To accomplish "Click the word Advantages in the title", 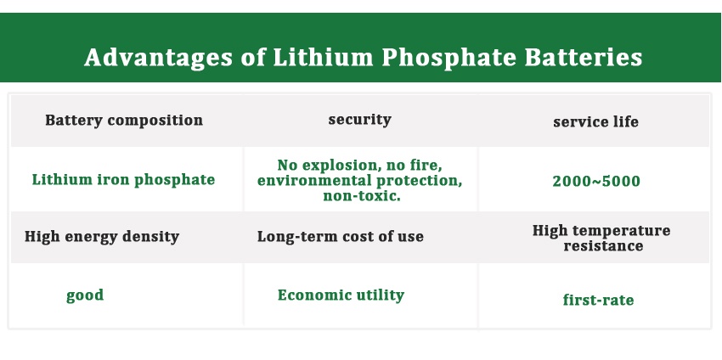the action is click(x=158, y=59).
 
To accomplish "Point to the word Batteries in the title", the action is click(x=584, y=58).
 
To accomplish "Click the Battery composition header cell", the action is click(x=124, y=121).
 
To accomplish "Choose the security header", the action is click(x=359, y=119).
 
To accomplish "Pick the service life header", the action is click(x=595, y=121).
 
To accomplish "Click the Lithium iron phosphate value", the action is click(x=123, y=179).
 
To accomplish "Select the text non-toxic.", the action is click(x=362, y=195).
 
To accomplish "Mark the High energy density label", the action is click(x=102, y=237).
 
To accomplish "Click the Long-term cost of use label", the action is click(x=341, y=236).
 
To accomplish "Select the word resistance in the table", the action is click(x=603, y=245).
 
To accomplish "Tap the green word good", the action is click(x=85, y=295).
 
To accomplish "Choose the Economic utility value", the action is click(x=341, y=295).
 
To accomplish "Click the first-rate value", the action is click(x=598, y=300).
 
